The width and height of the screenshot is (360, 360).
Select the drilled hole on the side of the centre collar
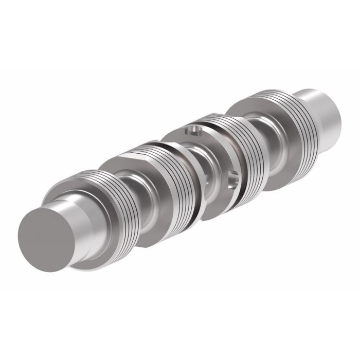pos(232,177)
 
